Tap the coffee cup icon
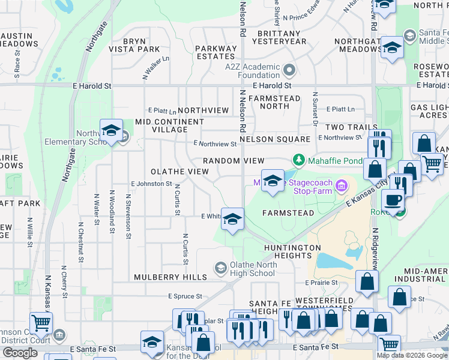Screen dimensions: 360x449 point(393,200)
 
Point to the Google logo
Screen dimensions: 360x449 point(20,353)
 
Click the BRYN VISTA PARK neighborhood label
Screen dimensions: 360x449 point(134,45)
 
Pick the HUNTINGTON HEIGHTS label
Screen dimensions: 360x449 point(292,251)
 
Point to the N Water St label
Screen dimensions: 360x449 point(97,209)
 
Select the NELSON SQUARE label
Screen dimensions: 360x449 point(275,139)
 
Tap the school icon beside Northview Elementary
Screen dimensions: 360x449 point(112,131)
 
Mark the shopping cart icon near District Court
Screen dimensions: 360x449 point(41,323)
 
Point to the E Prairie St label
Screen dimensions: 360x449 point(322,282)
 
